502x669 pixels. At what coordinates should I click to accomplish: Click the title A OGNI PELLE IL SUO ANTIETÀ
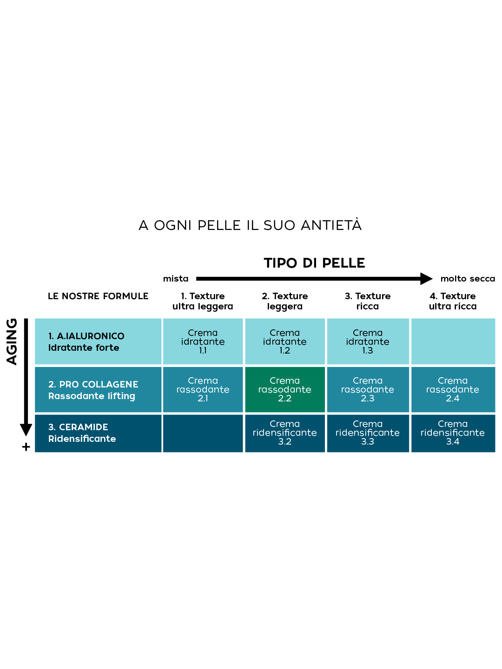pyautogui.click(x=250, y=225)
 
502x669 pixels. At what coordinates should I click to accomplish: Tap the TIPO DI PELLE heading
pyautogui.click(x=314, y=263)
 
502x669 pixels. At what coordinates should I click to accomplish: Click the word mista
pyautogui.click(x=176, y=279)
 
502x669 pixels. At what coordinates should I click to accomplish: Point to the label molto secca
pyautogui.click(x=468, y=279)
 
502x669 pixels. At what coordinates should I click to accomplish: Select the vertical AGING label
pyautogui.click(x=12, y=341)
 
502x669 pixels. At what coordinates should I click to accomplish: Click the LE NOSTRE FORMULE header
pyautogui.click(x=98, y=296)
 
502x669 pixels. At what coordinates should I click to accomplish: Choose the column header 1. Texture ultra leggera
pyautogui.click(x=203, y=301)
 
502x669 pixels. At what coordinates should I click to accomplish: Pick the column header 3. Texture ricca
pyautogui.click(x=368, y=301)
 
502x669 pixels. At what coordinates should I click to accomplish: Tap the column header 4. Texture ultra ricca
pyautogui.click(x=453, y=301)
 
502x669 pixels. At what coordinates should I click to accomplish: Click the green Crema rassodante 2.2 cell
pyautogui.click(x=285, y=389)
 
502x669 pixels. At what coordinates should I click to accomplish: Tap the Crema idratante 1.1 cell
pyautogui.click(x=203, y=341)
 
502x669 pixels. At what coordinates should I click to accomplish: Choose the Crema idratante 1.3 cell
pyautogui.click(x=368, y=341)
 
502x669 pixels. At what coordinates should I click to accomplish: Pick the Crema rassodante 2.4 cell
pyautogui.click(x=453, y=389)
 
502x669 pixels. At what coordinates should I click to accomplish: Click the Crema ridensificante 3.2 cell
pyautogui.click(x=285, y=433)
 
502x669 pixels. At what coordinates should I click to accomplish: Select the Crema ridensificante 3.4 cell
pyautogui.click(x=453, y=433)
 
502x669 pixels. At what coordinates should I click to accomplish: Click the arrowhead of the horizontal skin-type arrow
pyautogui.click(x=426, y=279)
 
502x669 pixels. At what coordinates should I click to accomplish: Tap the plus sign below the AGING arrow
pyautogui.click(x=26, y=447)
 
